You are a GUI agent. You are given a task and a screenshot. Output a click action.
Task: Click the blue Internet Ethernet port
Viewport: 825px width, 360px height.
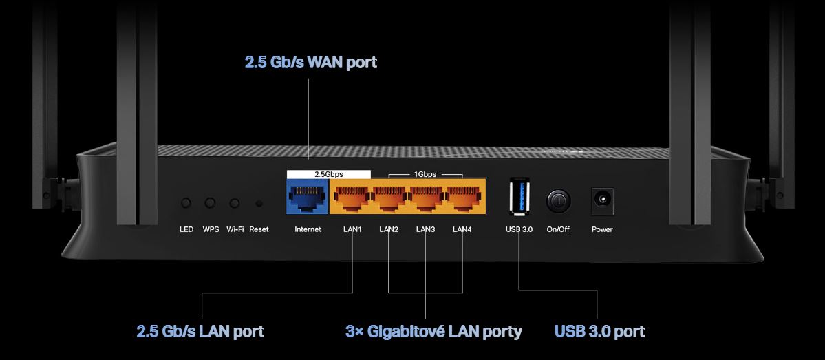pyautogui.click(x=307, y=198)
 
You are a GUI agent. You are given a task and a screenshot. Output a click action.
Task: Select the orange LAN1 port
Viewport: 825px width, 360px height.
pyautogui.click(x=352, y=198)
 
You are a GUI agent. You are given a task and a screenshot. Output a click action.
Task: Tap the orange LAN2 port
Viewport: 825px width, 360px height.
pyautogui.click(x=389, y=198)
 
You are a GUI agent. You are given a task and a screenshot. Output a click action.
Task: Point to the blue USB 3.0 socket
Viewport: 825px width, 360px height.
pyautogui.click(x=519, y=198)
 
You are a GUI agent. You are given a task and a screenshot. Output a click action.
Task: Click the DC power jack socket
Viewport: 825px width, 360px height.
pyautogui.click(x=602, y=200)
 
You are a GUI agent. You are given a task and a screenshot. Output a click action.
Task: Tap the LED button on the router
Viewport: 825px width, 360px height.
pyautogui.click(x=186, y=203)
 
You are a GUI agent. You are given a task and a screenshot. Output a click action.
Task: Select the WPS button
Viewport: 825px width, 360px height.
pyautogui.click(x=211, y=203)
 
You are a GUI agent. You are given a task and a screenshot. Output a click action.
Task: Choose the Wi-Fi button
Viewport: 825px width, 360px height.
pyautogui.click(x=235, y=203)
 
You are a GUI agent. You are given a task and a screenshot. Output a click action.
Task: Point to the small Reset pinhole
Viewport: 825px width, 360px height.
pyautogui.click(x=259, y=203)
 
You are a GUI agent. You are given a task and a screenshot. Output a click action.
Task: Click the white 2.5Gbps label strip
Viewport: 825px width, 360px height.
pyautogui.click(x=329, y=174)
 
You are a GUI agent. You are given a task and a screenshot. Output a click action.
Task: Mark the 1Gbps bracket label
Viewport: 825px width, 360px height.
pyautogui.click(x=425, y=174)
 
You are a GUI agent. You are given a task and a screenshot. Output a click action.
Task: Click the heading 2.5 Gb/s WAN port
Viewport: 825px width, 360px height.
pyautogui.click(x=311, y=63)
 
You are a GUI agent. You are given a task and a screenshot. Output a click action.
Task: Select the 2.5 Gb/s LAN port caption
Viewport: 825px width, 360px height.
pyautogui.click(x=200, y=332)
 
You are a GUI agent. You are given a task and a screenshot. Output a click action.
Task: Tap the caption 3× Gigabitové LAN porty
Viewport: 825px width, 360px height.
pyautogui.click(x=433, y=332)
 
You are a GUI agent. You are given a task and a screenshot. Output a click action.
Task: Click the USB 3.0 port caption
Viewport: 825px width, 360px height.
pyautogui.click(x=599, y=332)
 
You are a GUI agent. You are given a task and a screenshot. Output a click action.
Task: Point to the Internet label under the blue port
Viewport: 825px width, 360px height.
pyautogui.click(x=308, y=229)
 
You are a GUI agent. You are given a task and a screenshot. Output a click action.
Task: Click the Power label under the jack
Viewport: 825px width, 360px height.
pyautogui.click(x=602, y=229)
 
